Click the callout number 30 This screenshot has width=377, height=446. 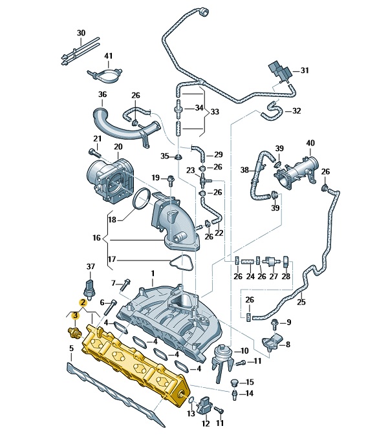(81, 33)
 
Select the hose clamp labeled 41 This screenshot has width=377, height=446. (104, 76)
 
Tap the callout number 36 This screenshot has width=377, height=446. (102, 94)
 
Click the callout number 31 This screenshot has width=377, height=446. (305, 70)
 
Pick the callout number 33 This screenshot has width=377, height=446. (215, 111)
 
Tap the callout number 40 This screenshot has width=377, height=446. (310, 143)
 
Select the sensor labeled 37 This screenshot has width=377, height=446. (90, 289)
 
